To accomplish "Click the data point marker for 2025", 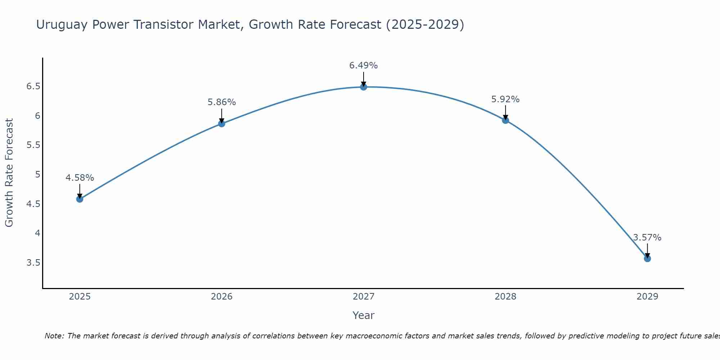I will point(80,199).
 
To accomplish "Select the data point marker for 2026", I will point(221,123).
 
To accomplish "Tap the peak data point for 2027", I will point(363,87).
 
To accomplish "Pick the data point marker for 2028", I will point(505,120).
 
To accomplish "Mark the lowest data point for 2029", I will point(647,258).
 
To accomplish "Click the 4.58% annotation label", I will point(80,178).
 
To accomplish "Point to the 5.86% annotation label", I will point(221,102).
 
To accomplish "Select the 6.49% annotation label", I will point(363,66).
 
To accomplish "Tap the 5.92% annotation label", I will point(505,99).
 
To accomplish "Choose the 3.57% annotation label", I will point(647,238).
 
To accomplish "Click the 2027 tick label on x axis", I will point(363,297).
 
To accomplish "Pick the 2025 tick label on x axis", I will point(80,297).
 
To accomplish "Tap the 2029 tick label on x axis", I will point(647,297).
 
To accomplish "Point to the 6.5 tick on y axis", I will point(33,86).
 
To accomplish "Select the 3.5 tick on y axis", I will point(33,262).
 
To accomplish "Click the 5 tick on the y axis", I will point(37,175).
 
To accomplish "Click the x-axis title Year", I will point(363,315).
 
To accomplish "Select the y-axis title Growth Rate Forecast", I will point(9,173).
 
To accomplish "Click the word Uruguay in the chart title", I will point(62,25).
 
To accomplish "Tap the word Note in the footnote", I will point(54,336).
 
